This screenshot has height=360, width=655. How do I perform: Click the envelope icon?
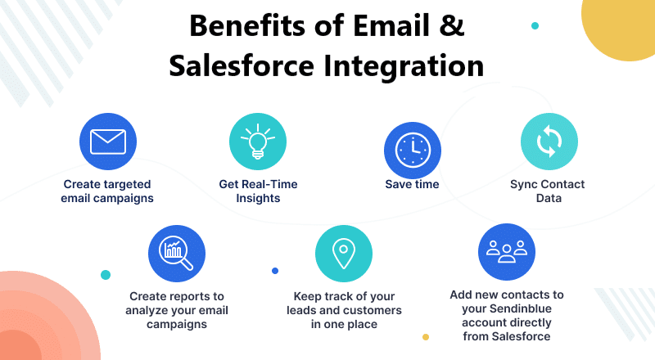pos(108,142)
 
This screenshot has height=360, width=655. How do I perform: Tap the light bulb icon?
pos(258,142)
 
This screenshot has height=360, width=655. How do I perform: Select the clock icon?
pos(413,150)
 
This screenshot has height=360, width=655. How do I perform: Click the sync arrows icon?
pos(549,142)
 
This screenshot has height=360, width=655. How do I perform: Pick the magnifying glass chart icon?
pos(176,253)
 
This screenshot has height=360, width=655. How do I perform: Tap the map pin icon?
pos(343,253)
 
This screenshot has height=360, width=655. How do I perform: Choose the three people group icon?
pos(507,251)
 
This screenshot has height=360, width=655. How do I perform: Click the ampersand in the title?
pos(452,25)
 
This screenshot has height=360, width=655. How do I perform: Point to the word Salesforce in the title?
pos(242,66)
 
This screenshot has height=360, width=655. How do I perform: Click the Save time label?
pos(412,184)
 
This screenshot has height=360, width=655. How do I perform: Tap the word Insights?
pos(258,198)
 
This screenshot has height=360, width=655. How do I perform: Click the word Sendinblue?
pos(521,308)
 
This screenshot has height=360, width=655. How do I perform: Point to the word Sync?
pos(523,185)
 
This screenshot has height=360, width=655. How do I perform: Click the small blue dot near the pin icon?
pos(275,271)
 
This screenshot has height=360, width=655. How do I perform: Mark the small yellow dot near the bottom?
pos(426,337)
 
